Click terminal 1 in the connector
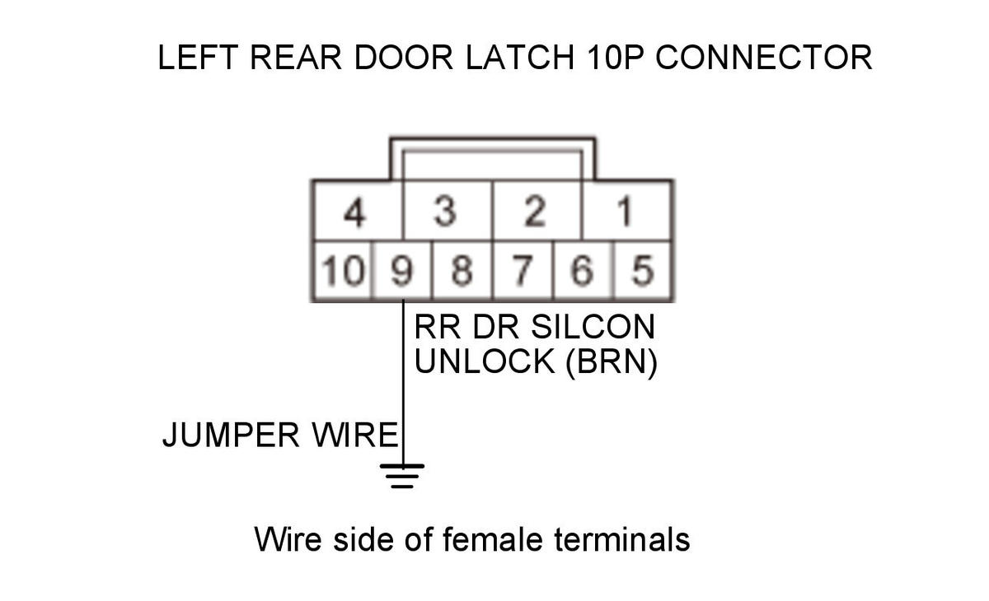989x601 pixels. tap(626, 212)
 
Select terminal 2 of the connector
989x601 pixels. tap(536, 212)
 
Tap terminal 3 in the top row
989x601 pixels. tap(446, 212)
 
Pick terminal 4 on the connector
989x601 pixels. tap(355, 212)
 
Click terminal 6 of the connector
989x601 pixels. tap(582, 271)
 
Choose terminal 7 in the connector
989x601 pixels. tap(523, 271)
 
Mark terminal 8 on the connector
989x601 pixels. tap(462, 271)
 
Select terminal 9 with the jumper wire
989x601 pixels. tap(401, 271)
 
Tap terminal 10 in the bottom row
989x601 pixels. tap(342, 271)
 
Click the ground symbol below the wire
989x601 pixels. tap(402, 476)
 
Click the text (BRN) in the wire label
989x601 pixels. tap(612, 361)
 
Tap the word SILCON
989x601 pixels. tap(593, 327)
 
